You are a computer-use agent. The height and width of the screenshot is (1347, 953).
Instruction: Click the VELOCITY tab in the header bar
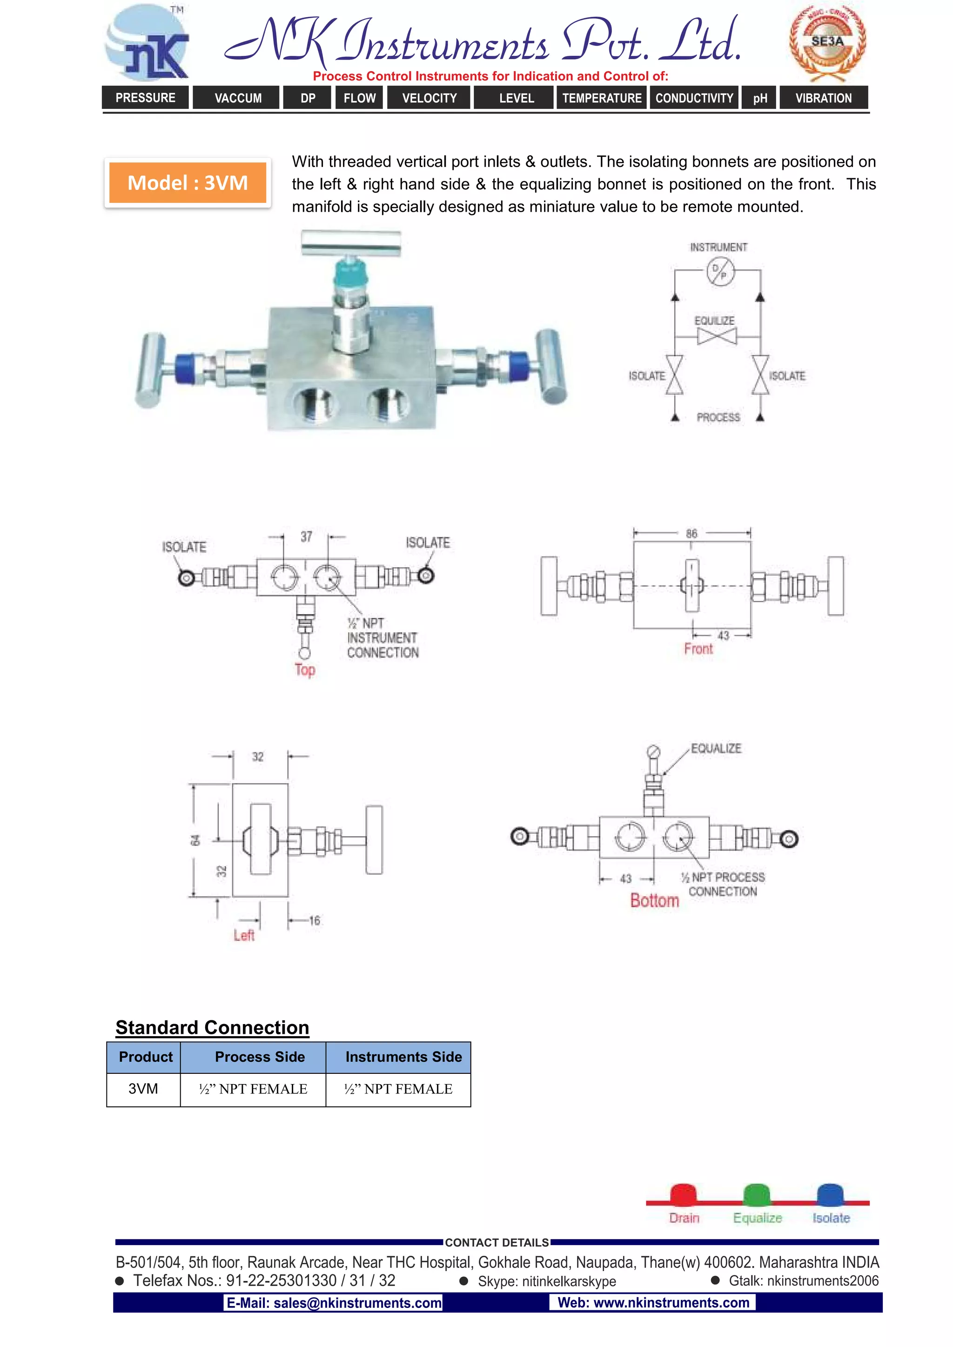click(x=429, y=98)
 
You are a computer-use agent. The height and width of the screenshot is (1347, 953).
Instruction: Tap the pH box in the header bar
click(x=760, y=98)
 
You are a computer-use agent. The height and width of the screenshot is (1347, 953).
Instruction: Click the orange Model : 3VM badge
click(x=188, y=183)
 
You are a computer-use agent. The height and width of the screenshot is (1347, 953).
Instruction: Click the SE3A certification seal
click(x=827, y=42)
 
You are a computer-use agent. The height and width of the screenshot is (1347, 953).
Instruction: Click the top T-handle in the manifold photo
click(x=351, y=242)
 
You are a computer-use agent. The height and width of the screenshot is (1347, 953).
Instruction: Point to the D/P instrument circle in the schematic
click(x=719, y=271)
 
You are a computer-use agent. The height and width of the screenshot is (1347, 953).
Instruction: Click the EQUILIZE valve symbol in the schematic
click(x=717, y=336)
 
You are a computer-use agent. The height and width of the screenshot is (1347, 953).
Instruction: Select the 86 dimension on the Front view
click(x=691, y=533)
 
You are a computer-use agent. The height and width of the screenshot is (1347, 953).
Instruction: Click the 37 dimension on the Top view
click(x=306, y=536)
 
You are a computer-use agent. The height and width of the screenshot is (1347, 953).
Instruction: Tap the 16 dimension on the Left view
click(x=315, y=920)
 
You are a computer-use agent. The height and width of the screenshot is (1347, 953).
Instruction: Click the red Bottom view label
click(x=654, y=900)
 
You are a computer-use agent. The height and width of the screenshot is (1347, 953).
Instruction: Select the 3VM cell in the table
click(x=143, y=1089)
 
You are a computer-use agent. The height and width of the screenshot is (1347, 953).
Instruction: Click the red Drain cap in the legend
click(x=683, y=1194)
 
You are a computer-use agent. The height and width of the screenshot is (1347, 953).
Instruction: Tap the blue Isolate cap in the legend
click(x=830, y=1194)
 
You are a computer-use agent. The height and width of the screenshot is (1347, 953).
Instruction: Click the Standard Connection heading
click(x=212, y=1027)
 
